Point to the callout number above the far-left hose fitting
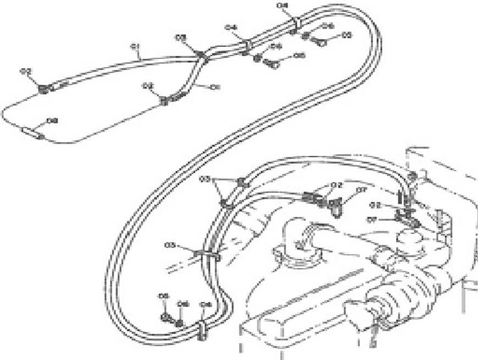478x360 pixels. tap(25, 71)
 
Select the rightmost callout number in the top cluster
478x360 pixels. tap(347, 35)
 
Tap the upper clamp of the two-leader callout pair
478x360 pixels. tap(241, 182)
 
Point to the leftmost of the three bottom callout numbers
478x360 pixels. tap(163, 296)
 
